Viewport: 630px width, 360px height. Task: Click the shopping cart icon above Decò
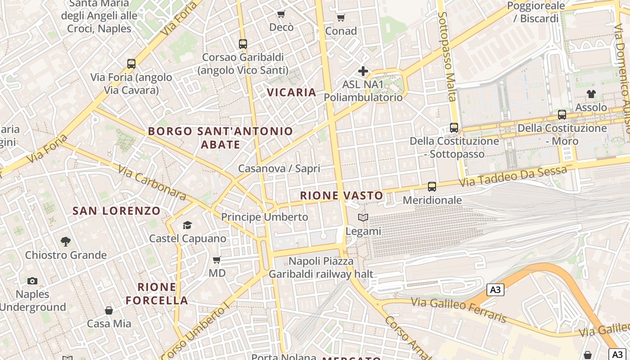point(281,14)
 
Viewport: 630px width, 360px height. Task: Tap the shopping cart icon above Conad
point(341,18)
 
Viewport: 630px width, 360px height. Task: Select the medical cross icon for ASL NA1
point(363,71)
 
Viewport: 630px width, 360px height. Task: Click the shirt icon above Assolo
point(591,94)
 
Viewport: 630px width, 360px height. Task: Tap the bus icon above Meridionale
point(432,186)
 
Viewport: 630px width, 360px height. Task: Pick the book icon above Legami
point(363,218)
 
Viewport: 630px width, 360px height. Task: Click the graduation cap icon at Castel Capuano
point(187,225)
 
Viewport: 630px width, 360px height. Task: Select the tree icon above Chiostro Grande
point(66,242)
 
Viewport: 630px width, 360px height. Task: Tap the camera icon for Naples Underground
point(32,281)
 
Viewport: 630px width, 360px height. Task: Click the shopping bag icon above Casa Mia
point(109,310)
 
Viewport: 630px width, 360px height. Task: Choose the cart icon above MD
point(217,260)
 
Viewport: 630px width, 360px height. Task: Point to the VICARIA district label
point(292,93)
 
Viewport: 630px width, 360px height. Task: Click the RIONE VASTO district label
point(342,196)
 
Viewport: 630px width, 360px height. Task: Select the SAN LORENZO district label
point(117,211)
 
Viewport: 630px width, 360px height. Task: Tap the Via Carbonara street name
point(152,183)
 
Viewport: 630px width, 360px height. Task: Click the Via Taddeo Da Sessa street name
point(513,177)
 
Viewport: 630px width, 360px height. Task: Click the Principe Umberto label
point(265,217)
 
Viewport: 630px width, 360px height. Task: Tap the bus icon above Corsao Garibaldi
point(243,44)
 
